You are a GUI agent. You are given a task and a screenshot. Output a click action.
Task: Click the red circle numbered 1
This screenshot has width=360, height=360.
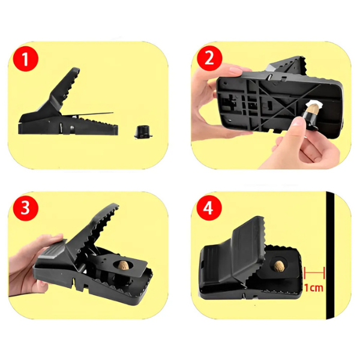[x=25, y=59]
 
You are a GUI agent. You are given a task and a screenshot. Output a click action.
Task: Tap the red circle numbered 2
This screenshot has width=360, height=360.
[x=209, y=58]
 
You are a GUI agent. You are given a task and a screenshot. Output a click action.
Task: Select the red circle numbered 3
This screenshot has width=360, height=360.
[x=25, y=208]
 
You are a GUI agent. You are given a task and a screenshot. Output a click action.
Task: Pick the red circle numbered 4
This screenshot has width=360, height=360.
[x=209, y=208]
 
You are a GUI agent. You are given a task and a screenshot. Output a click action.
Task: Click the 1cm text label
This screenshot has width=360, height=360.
[x=314, y=287]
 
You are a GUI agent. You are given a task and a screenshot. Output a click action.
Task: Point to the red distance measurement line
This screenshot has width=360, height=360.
[x=314, y=273]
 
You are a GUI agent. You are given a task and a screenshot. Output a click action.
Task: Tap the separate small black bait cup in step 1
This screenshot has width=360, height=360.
[x=143, y=132]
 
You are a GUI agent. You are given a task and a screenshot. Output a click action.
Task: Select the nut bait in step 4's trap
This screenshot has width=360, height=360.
[x=279, y=266]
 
